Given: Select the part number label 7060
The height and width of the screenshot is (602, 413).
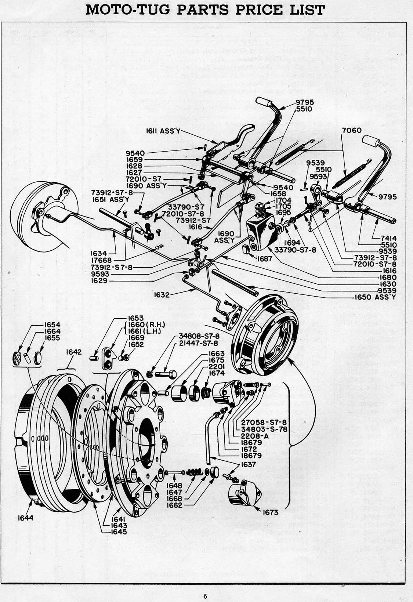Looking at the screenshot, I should (351, 130).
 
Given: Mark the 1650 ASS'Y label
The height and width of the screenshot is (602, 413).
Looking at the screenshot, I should (375, 297).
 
